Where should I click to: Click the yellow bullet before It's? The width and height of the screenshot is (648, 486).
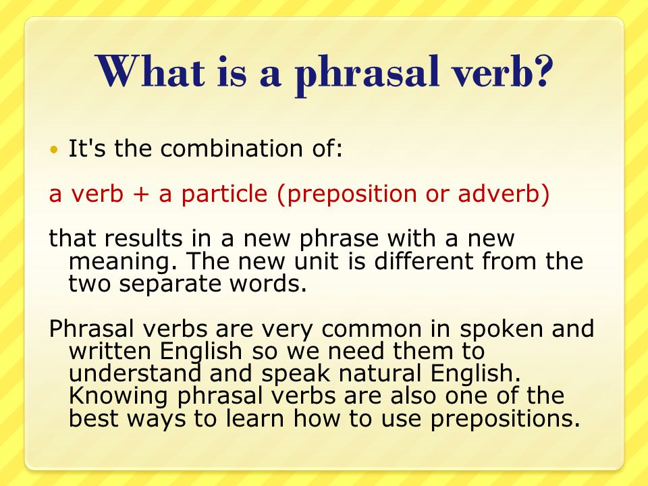[53, 149]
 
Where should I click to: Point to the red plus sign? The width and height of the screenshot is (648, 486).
[140, 194]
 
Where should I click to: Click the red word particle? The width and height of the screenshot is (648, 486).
[224, 194]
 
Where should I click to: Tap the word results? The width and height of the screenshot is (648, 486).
[143, 238]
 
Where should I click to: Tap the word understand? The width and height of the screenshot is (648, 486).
[135, 373]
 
